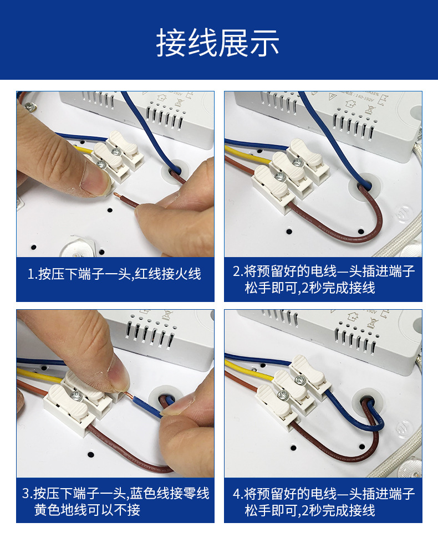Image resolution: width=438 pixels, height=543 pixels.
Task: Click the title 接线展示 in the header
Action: point(218,43)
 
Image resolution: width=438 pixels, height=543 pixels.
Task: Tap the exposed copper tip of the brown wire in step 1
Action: point(115,195)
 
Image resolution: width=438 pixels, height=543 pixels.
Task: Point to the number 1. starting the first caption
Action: point(32,274)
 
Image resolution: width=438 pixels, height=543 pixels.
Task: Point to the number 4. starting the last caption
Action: point(238,493)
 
